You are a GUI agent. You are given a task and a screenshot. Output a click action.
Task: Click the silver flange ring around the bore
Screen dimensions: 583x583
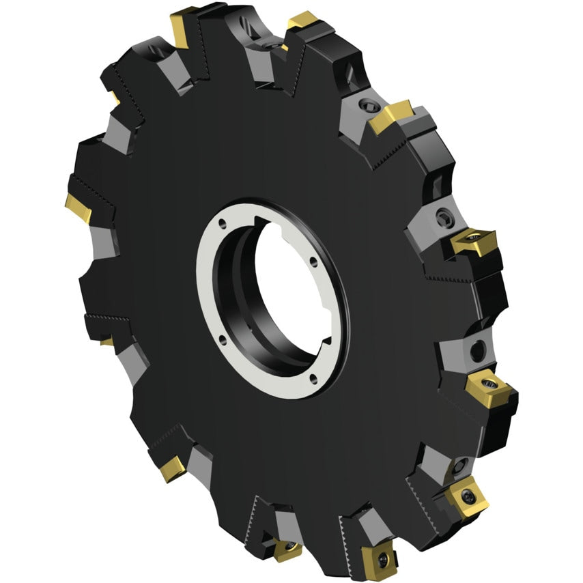(x=208, y=287)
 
